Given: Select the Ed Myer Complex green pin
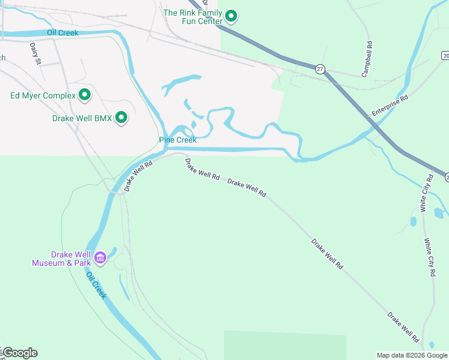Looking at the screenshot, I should click(85, 95).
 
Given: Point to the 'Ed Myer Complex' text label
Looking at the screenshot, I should click(43, 95).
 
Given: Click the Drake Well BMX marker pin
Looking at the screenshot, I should click(121, 118).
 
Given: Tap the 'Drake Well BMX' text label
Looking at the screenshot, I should click(82, 118).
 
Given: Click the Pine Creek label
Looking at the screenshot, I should click(178, 140).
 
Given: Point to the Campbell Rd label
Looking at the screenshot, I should click(367, 59).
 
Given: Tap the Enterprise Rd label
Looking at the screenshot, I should click(390, 104).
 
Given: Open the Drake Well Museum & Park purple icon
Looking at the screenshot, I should click(100, 258).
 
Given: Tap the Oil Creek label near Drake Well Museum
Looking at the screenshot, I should click(96, 286).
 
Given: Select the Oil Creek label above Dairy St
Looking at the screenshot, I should click(62, 32).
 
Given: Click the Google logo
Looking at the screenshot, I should click(19, 353).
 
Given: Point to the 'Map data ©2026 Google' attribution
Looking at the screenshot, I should click(412, 355).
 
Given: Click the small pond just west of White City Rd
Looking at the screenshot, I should click(413, 221).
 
